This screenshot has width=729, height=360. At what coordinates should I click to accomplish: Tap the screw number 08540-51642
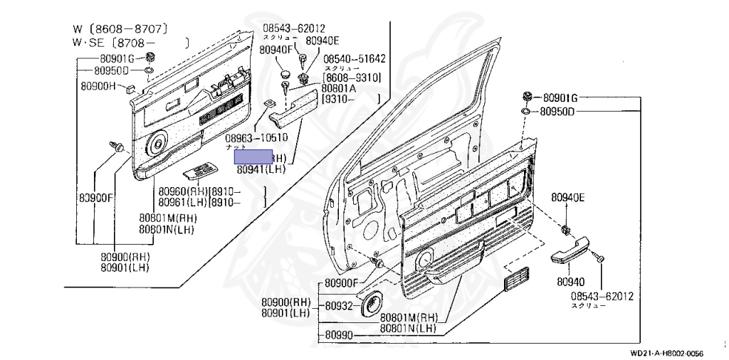point(355,59)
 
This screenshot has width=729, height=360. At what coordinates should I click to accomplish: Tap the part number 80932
point(339,306)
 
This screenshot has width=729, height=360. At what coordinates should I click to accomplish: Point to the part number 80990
point(339,334)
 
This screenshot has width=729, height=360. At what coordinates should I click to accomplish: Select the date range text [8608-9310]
point(352,77)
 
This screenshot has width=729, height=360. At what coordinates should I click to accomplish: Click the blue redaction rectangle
point(254,157)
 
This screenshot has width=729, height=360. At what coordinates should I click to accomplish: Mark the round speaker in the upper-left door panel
point(156,147)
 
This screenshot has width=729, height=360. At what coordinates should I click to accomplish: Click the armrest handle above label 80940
point(573,252)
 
